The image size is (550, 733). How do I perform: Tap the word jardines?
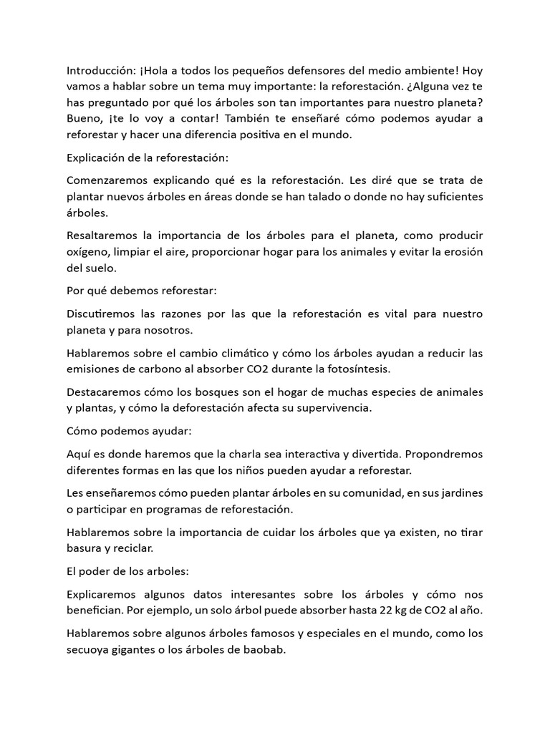pyautogui.click(x=462, y=493)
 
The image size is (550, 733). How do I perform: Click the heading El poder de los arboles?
pyautogui.click(x=126, y=571)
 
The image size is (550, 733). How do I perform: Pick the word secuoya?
pyautogui.click(x=89, y=650)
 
